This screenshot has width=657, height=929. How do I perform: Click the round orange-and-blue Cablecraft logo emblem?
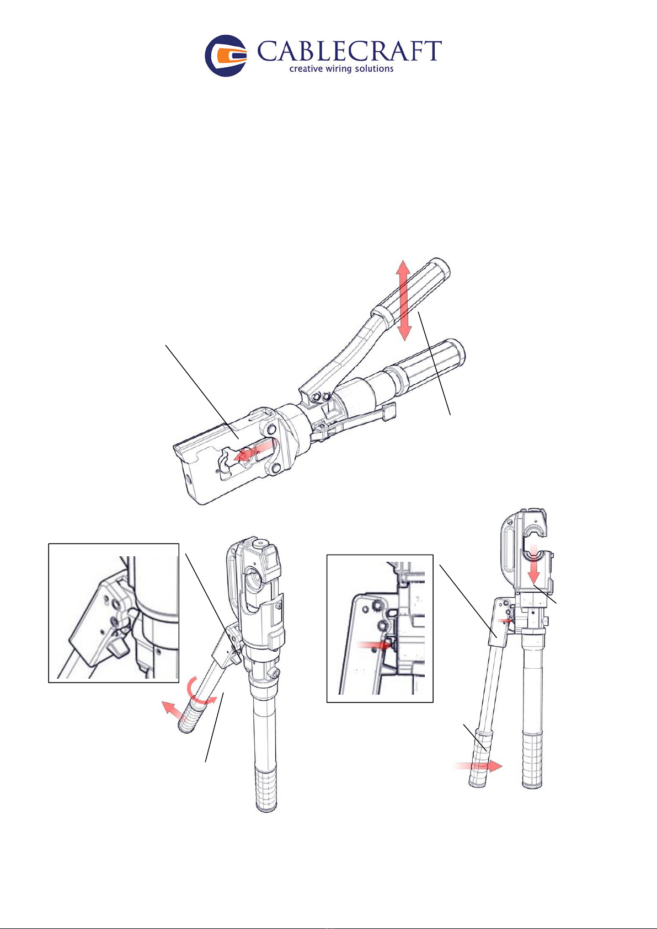pyautogui.click(x=226, y=56)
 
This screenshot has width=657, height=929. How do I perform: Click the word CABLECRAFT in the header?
pyautogui.click(x=349, y=51)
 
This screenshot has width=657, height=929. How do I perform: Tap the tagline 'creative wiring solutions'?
pyautogui.click(x=341, y=68)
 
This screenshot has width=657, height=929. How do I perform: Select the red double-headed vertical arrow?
pyautogui.click(x=403, y=300)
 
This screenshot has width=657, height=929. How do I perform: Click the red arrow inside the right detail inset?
pyautogui.click(x=374, y=645)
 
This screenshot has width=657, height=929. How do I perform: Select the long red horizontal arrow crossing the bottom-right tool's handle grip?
pyautogui.click(x=478, y=766)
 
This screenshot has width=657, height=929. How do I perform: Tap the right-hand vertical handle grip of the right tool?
pyautogui.click(x=532, y=760)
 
